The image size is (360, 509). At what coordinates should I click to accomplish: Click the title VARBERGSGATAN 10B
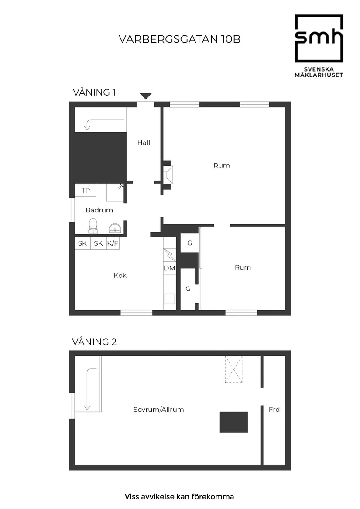pyautogui.click(x=179, y=39)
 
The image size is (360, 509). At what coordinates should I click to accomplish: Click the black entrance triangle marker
pyautogui.click(x=145, y=96)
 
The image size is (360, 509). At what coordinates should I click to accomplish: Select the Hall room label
pyautogui.click(x=144, y=143)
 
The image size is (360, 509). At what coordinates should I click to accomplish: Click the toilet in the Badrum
pyautogui.click(x=93, y=225)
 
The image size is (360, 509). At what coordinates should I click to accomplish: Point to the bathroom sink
pyautogui.click(x=115, y=228)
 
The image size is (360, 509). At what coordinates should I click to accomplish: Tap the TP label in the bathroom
pyautogui.click(x=86, y=191)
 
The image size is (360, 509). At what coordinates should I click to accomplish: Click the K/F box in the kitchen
pyautogui.click(x=113, y=243)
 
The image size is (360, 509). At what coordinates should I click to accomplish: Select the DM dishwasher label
pyautogui.click(x=169, y=268)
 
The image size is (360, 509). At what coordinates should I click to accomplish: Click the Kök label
pyautogui.click(x=120, y=276)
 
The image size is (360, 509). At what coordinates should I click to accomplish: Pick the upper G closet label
pyautogui.click(x=189, y=243)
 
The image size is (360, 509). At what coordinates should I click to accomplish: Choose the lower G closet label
pyautogui.click(x=188, y=289)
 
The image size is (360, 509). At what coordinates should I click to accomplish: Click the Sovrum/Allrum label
pyautogui.click(x=158, y=410)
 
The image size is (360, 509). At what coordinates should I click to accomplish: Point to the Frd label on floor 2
pyautogui.click(x=274, y=410)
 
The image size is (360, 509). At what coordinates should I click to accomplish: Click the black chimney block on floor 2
pyautogui.click(x=233, y=422)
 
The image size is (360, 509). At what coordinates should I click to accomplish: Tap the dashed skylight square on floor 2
pyautogui.click(x=233, y=369)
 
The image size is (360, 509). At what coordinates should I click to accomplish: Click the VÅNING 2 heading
pyautogui.click(x=94, y=342)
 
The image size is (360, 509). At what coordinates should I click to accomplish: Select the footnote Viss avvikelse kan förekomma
pyautogui.click(x=179, y=496)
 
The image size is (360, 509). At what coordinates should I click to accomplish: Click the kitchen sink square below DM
pyautogui.click(x=169, y=299)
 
